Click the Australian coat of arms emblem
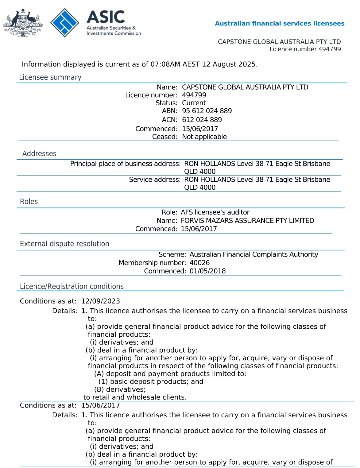click(x=23, y=23)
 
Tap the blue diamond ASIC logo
click(x=64, y=23)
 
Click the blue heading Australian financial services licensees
click(x=280, y=24)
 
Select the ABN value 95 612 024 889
click(x=207, y=111)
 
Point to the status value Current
click(x=194, y=103)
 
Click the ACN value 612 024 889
click(x=202, y=120)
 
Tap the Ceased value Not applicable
click(x=204, y=137)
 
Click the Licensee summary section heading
click(x=50, y=77)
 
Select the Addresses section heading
click(x=39, y=153)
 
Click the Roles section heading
click(x=29, y=202)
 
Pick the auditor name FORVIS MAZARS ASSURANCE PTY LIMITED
click(x=247, y=221)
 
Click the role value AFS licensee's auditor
click(x=215, y=212)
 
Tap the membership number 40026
click(x=200, y=263)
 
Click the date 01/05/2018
click(x=208, y=271)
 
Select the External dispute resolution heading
click(x=65, y=244)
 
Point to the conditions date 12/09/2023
click(x=101, y=301)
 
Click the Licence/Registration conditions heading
click(x=72, y=286)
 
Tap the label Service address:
click(x=155, y=180)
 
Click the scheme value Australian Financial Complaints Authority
click(x=254, y=254)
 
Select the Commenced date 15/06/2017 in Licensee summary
click(x=200, y=129)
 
